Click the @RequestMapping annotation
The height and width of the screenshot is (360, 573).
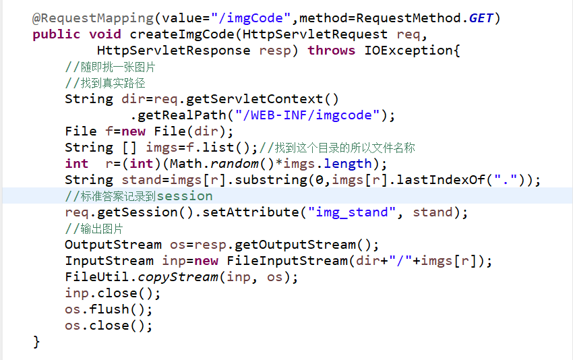(93, 18)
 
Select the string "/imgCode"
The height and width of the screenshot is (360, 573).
(251, 18)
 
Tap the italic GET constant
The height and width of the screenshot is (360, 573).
(481, 18)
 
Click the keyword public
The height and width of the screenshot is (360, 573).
(56, 34)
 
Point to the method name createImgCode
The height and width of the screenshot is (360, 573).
(182, 34)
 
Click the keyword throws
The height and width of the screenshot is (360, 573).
(331, 50)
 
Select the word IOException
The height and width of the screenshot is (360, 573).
(409, 50)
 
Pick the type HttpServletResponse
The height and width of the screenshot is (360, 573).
(173, 50)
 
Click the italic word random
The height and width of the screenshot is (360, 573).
(234, 164)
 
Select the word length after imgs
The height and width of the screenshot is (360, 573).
(348, 164)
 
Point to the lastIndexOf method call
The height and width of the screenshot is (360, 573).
(441, 180)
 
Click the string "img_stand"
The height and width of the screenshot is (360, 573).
(351, 212)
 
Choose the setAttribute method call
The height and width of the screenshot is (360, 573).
(251, 212)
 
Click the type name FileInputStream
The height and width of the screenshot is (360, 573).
(287, 261)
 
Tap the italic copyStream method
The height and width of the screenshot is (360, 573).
(178, 277)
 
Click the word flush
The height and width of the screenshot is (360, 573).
(109, 309)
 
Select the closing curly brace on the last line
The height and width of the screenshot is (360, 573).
(36, 342)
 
